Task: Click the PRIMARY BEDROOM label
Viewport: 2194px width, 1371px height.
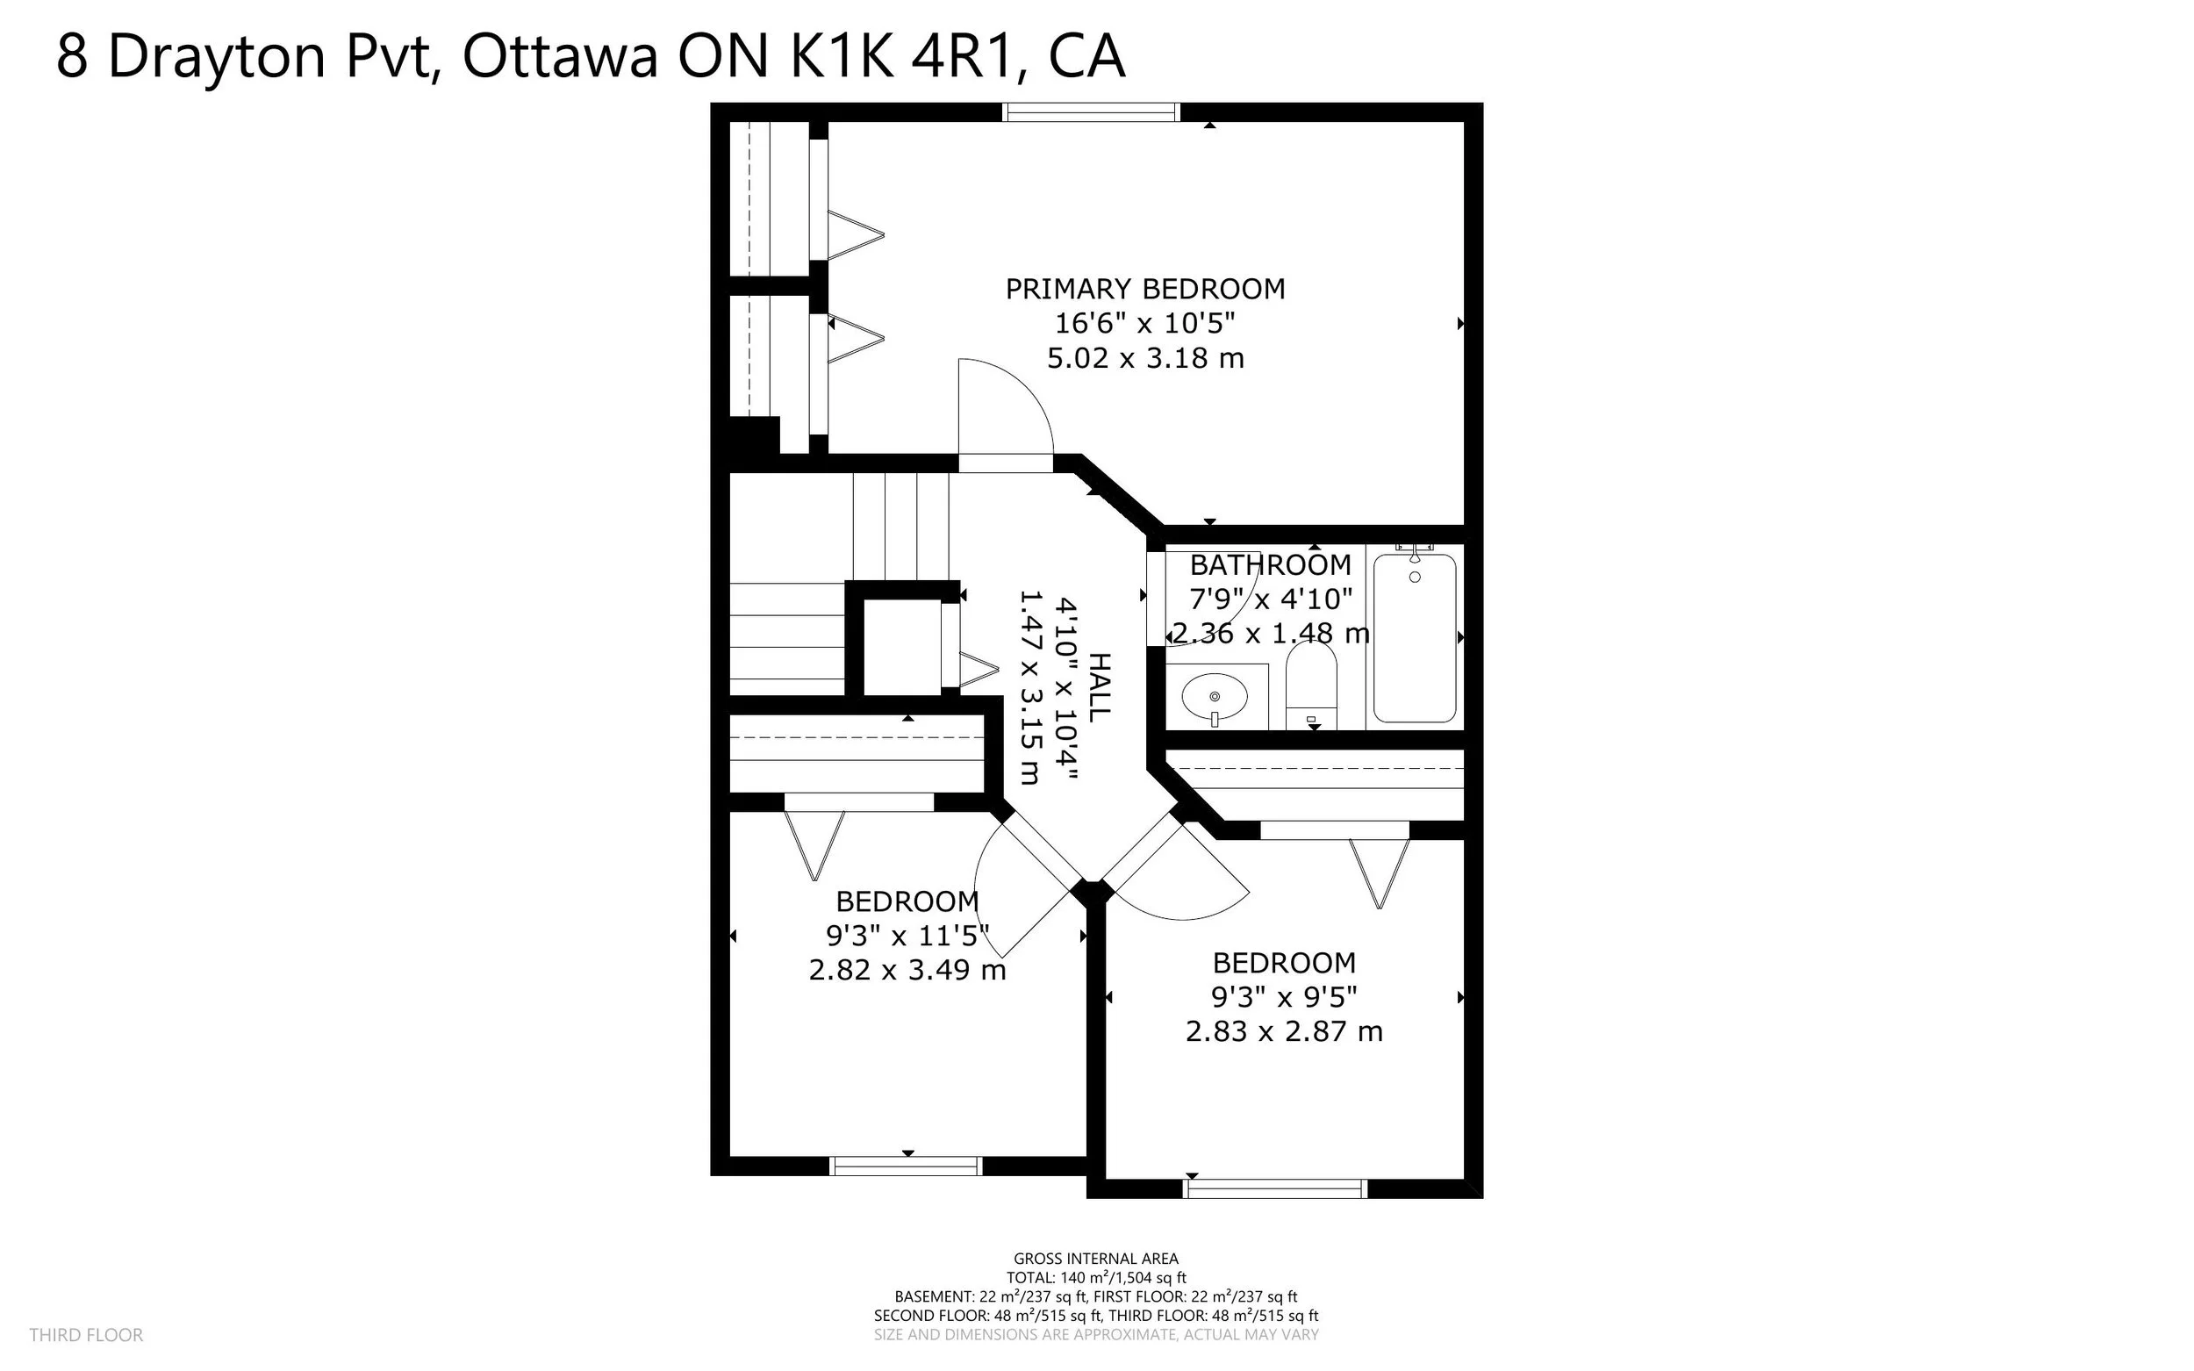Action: (x=1145, y=289)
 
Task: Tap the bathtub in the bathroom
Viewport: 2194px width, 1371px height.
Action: (x=1415, y=638)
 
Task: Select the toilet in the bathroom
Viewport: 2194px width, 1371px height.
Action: (x=1311, y=685)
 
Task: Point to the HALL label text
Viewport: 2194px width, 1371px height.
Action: (x=1098, y=687)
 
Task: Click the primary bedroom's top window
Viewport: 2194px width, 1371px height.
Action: (x=1091, y=112)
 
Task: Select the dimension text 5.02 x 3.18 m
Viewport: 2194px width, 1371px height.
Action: (x=1145, y=358)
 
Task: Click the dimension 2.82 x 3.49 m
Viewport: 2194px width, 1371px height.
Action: (x=907, y=970)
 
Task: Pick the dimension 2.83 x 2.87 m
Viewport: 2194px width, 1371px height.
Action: (x=1284, y=1031)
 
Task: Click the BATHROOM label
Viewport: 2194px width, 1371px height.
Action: (x=1270, y=565)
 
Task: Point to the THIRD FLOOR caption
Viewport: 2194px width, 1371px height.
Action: (x=86, y=1335)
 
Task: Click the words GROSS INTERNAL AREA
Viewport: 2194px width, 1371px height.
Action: (x=1095, y=1259)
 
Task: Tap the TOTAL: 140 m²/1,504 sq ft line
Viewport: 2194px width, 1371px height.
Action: (x=1095, y=1278)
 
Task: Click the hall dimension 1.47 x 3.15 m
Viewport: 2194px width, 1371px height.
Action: (x=1031, y=687)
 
